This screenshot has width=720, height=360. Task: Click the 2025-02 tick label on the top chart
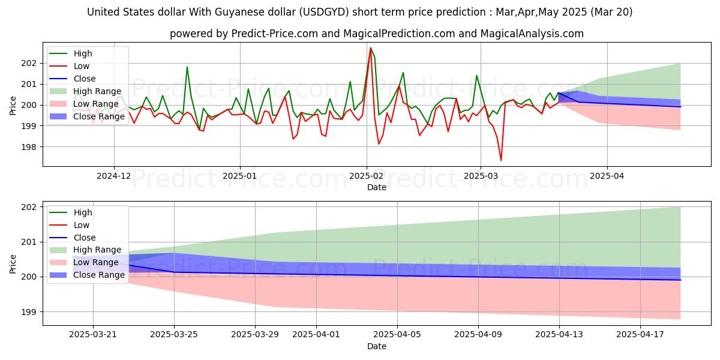(367, 176)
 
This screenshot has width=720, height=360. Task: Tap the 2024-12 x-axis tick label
(114, 176)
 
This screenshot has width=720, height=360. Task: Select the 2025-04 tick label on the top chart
(607, 176)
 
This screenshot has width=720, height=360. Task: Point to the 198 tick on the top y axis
(30, 147)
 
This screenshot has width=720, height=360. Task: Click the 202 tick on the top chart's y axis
(30, 63)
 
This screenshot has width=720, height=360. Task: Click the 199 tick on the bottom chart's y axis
(30, 312)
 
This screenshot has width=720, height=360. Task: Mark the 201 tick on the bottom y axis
(30, 242)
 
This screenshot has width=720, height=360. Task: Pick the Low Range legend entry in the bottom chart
(95, 262)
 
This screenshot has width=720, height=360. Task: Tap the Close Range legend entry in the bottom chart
(98, 275)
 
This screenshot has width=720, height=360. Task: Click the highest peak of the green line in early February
(371, 47)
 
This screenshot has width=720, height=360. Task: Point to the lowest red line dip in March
(501, 160)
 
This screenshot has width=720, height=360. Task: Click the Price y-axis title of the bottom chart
(13, 263)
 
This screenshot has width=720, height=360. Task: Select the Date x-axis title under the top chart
(376, 187)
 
